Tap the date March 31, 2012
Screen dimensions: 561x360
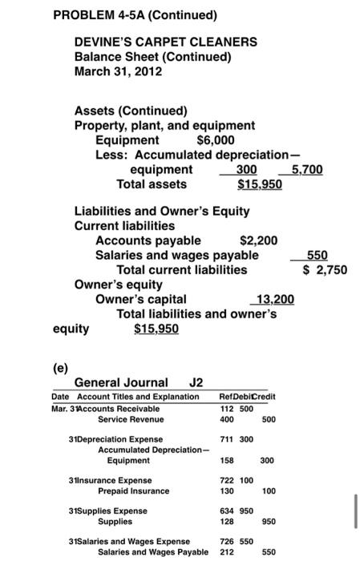coord(118,71)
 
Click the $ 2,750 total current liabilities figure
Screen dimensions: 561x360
coord(325,269)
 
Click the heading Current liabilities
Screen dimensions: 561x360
coord(124,225)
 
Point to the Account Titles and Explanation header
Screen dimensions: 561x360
coord(124,397)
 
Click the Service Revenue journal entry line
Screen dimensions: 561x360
coord(130,419)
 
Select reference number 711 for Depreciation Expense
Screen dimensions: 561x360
coord(226,439)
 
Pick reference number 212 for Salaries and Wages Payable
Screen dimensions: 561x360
coord(226,551)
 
